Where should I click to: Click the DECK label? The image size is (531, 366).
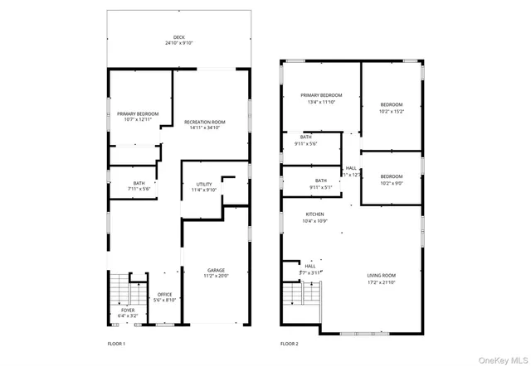[178, 40]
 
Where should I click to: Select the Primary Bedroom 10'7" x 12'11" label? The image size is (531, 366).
[138, 117]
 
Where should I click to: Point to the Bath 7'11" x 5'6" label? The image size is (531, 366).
[139, 186]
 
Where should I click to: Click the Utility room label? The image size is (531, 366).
[204, 187]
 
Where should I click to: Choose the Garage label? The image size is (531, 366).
[217, 273]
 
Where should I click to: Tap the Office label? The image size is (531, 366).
[164, 297]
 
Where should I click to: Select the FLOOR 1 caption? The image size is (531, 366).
[116, 343]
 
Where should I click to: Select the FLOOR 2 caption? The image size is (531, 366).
[289, 343]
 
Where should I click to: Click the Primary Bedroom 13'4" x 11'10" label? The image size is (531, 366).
[321, 99]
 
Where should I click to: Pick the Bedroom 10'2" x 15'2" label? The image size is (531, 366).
[392, 108]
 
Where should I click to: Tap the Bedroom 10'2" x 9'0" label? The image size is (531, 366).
[392, 179]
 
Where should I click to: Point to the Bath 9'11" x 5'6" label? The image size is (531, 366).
[306, 141]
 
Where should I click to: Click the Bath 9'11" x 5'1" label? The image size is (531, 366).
[320, 184]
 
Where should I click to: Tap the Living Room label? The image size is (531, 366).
[382, 278]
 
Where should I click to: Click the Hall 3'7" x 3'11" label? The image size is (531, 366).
[309, 269]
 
